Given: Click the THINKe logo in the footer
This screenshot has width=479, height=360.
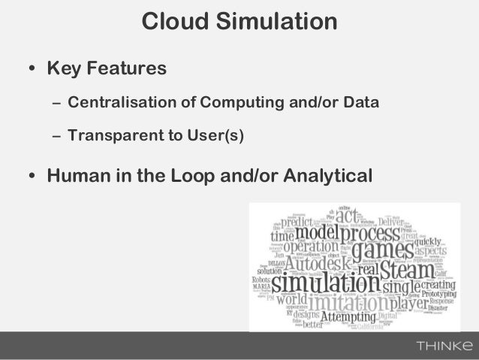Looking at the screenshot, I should click(x=444, y=346).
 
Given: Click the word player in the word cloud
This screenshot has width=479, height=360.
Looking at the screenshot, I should click(x=408, y=304).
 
